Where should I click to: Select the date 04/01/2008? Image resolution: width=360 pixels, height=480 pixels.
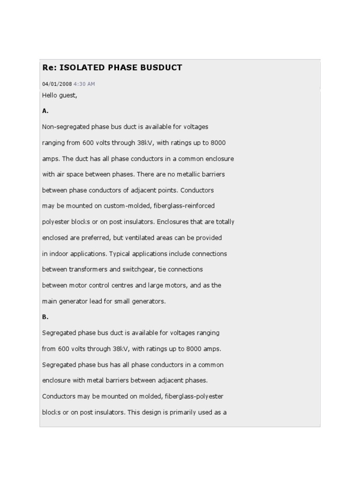click(57, 84)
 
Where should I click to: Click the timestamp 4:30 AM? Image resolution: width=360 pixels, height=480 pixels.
click(84, 84)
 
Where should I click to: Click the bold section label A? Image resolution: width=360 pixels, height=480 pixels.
click(45, 111)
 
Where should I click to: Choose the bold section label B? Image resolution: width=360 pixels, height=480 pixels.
click(45, 317)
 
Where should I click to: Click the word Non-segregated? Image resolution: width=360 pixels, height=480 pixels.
click(64, 127)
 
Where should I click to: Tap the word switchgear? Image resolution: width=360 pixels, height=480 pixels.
click(144, 270)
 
